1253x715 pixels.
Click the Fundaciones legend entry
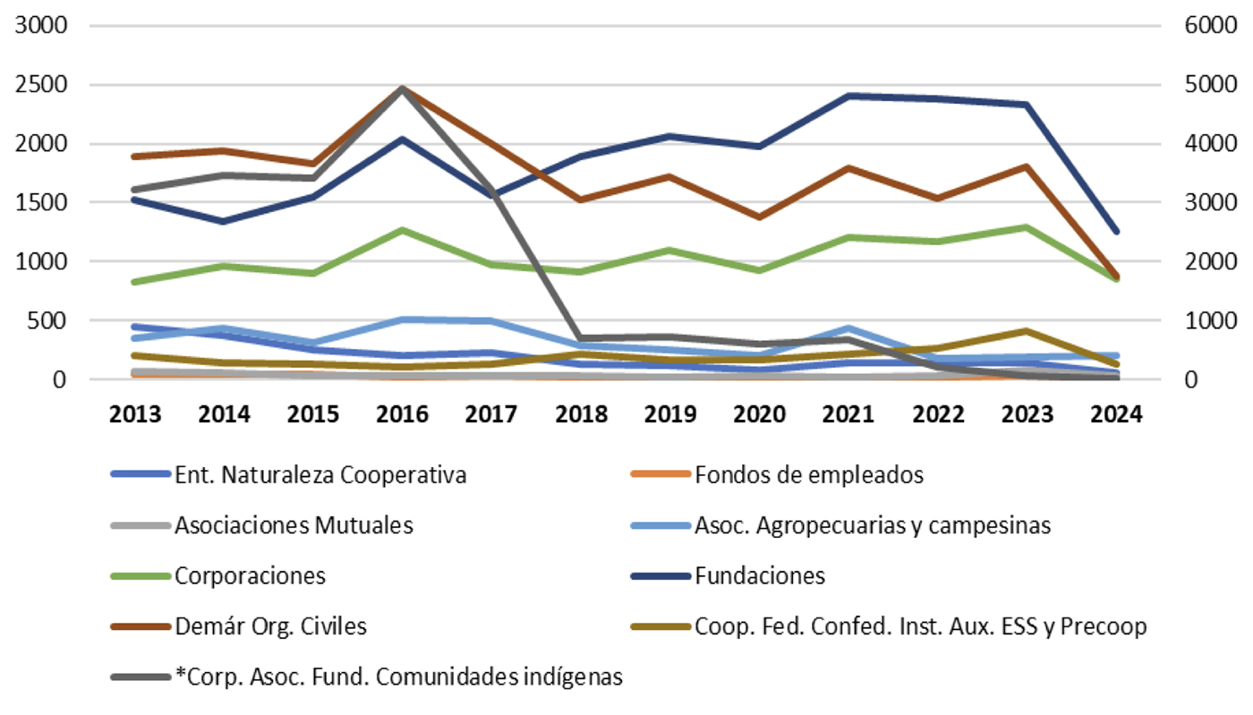click(x=760, y=575)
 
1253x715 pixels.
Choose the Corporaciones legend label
click(x=251, y=575)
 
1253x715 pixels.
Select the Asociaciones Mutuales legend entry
click(x=294, y=525)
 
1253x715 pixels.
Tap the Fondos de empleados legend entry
click(x=809, y=475)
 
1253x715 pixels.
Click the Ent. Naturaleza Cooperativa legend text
click(x=321, y=475)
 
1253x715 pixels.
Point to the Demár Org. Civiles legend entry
click(x=271, y=626)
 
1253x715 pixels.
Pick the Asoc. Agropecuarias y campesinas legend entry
click(x=873, y=525)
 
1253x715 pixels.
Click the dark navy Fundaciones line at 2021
click(x=848, y=96)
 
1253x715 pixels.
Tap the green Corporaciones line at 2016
click(x=403, y=230)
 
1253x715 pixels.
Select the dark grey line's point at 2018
click(x=581, y=339)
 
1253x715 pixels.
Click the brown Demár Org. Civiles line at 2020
click(x=759, y=217)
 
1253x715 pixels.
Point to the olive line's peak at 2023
click(x=1027, y=331)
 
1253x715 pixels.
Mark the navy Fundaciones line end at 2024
click(x=1116, y=232)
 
